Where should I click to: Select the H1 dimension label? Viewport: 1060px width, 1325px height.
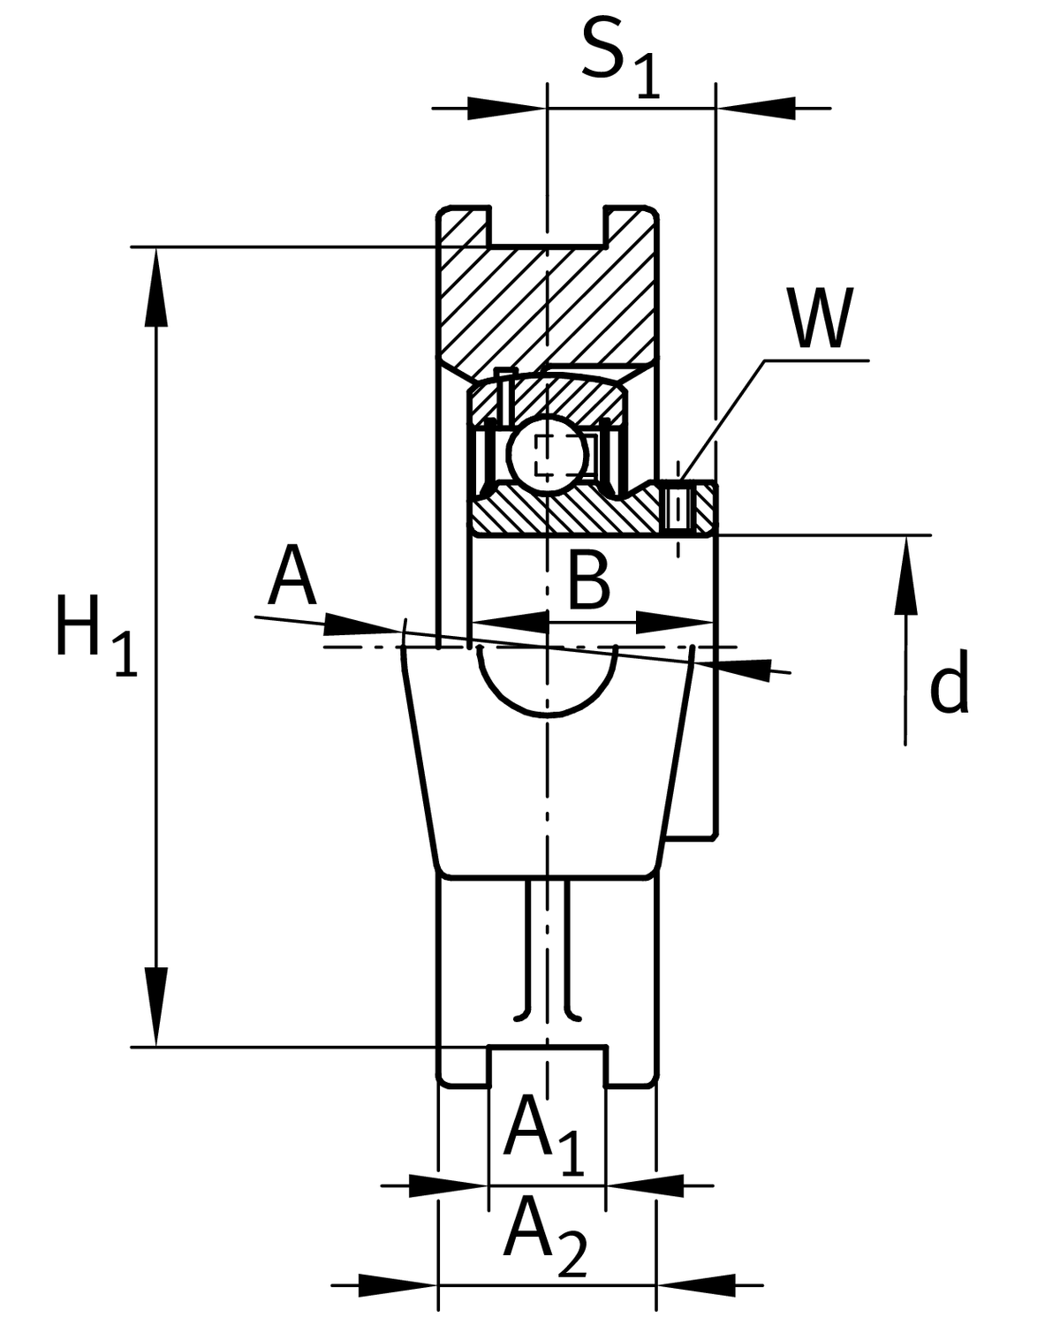(x=96, y=634)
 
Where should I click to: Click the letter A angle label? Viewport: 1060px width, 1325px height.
(x=292, y=574)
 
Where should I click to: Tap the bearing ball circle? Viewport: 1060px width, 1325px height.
(x=547, y=454)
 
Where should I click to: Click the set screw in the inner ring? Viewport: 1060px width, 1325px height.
(x=678, y=508)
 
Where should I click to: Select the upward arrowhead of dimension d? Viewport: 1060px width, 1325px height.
(x=905, y=576)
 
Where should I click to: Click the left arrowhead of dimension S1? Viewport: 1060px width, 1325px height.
(x=507, y=109)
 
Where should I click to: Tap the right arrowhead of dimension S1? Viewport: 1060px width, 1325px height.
(x=756, y=109)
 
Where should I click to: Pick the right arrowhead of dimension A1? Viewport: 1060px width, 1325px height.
(x=646, y=1185)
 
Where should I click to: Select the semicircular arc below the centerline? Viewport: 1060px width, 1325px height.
(x=547, y=681)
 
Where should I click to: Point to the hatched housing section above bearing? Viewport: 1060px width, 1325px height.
(x=547, y=302)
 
